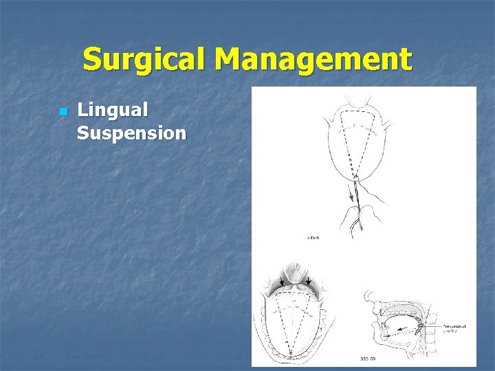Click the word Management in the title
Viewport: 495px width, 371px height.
pos(313,60)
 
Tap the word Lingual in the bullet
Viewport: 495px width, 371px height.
pos(112,110)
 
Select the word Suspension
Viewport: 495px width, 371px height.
pos(131,132)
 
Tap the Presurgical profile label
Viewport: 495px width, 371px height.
pos(454,328)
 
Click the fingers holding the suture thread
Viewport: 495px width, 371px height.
pos(364,206)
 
